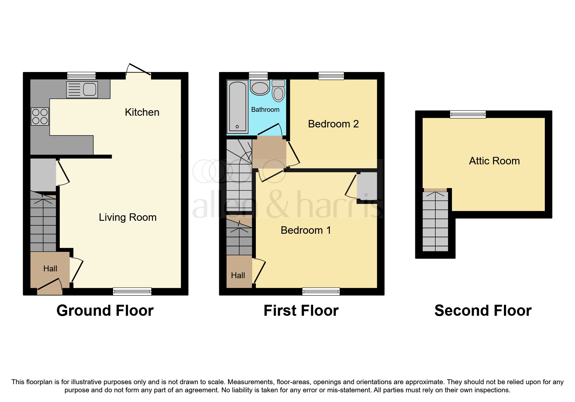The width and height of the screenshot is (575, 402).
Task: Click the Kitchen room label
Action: coord(142,112)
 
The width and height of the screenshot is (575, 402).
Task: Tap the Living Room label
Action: coord(128,217)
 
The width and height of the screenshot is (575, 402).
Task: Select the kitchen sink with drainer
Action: coord(82,89)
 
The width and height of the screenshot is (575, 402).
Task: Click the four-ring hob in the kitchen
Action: coord(40,117)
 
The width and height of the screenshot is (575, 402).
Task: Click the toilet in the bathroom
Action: coord(278,91)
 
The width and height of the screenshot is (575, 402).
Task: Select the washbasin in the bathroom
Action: coord(260,88)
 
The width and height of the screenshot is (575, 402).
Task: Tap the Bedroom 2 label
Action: coord(333,124)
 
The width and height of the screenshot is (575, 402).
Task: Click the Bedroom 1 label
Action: coord(306,230)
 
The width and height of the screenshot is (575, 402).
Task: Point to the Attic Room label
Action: coord(494,161)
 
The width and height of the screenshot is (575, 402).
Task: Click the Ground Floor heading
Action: coord(105,311)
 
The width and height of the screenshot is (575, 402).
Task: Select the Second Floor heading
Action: coord(483,311)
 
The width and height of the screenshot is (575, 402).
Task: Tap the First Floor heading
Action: coord(301,311)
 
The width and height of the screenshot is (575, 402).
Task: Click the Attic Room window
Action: coord(468,114)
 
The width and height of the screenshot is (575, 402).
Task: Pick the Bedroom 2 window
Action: coord(331,76)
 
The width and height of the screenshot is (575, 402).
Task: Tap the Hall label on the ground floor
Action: coord(50,268)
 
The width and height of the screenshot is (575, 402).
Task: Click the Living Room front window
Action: coord(132,291)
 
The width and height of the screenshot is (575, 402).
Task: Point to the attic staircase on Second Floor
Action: coord(435,222)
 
